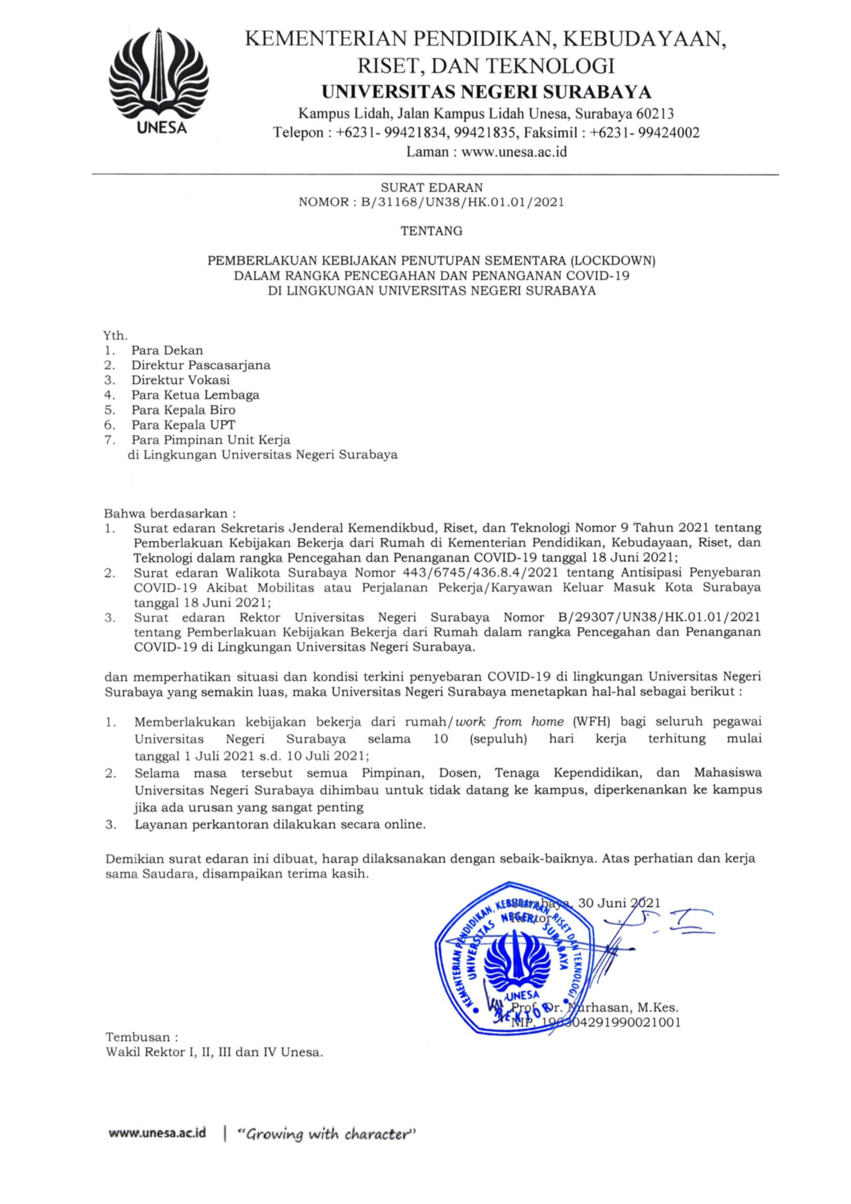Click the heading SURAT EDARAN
pos(432,187)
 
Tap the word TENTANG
pos(432,231)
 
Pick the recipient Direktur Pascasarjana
pos(201,365)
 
